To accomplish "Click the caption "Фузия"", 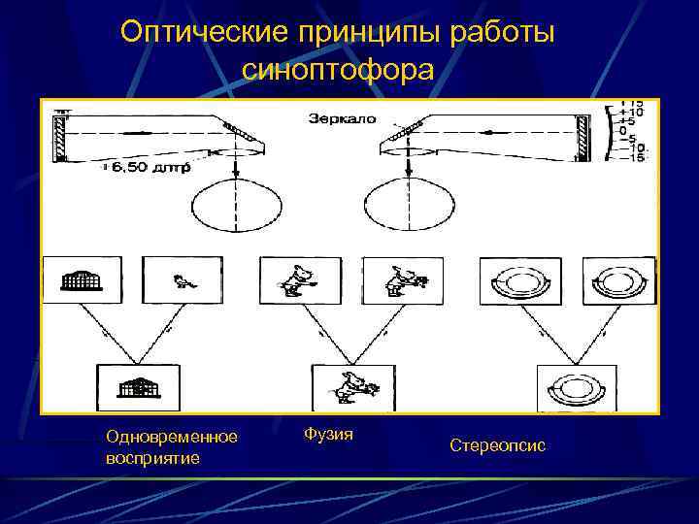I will [x=328, y=434].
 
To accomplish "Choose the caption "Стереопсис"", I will [x=497, y=445].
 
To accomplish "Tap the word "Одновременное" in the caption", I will [x=171, y=438].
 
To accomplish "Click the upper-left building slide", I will [x=81, y=281].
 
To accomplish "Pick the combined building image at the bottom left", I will [x=138, y=388].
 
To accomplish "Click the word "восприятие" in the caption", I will [x=153, y=457].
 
